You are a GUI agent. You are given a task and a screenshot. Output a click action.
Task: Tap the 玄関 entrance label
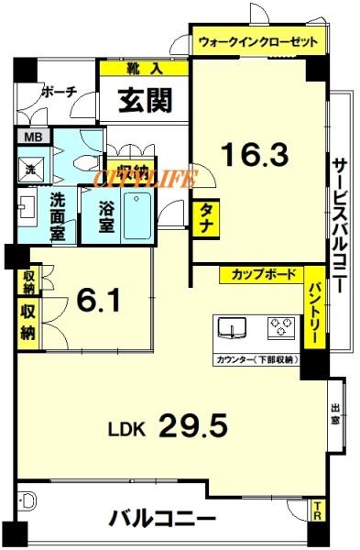145,99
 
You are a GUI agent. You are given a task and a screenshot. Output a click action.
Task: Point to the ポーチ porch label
58,91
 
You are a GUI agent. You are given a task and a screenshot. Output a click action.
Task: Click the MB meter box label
32,137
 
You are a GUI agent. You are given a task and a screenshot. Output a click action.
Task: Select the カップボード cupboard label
256,273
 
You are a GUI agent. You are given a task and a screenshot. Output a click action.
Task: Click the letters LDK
128,428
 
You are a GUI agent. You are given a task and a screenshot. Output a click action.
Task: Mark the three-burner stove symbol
280,327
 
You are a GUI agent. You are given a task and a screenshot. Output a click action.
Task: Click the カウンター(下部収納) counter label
257,360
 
